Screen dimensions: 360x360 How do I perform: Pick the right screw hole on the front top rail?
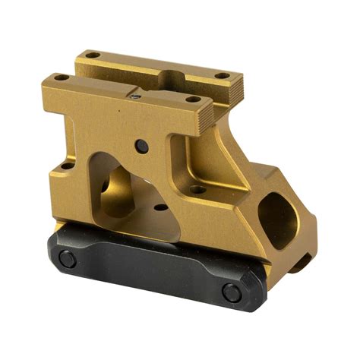(194, 98)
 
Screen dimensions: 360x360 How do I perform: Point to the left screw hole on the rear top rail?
(92, 55)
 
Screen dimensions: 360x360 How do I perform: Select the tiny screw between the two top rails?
(134, 96)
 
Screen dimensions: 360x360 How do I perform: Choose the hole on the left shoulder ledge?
(67, 165)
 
